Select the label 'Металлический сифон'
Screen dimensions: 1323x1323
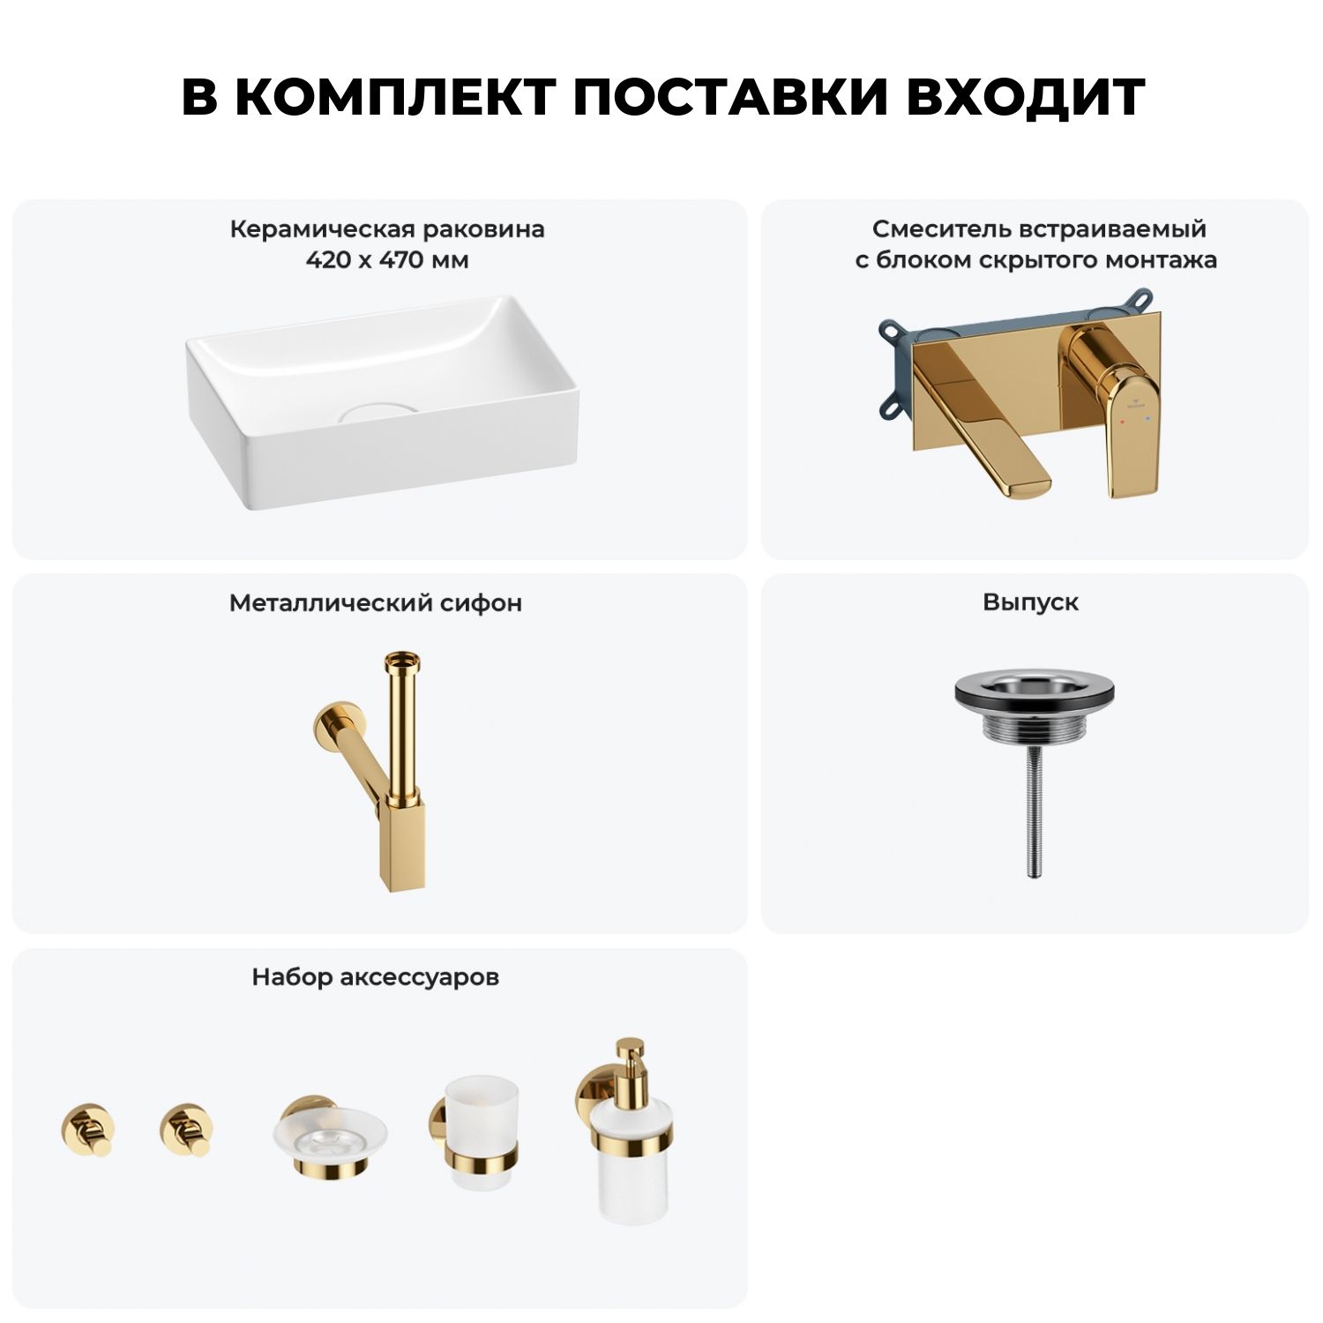click(376, 603)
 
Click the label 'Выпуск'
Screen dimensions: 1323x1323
click(1031, 602)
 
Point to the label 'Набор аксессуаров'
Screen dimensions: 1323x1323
click(376, 977)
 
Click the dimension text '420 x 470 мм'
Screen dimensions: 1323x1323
click(387, 260)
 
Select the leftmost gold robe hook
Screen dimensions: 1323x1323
click(87, 1128)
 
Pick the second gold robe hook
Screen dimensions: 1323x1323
click(187, 1128)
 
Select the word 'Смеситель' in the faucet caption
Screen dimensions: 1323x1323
click(943, 229)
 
